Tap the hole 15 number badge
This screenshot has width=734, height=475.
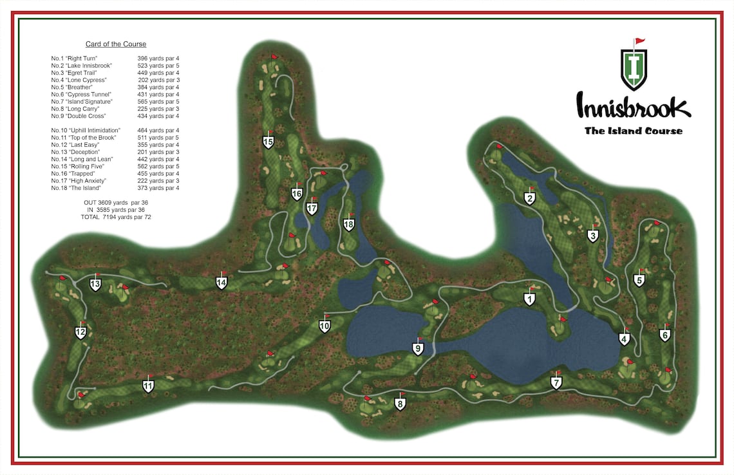[268, 142]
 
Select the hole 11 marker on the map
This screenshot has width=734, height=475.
[148, 387]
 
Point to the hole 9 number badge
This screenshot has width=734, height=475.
[418, 349]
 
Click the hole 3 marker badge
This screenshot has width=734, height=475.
[593, 236]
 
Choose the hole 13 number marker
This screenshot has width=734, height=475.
[95, 284]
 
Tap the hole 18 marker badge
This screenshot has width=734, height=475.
[349, 225]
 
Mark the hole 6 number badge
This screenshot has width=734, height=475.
[665, 335]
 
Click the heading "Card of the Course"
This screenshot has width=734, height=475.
[116, 44]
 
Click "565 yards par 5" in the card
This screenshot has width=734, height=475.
[158, 102]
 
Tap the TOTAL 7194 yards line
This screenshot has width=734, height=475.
[116, 217]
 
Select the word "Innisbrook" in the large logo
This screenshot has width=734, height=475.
[633, 107]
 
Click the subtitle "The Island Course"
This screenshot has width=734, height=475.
[633, 131]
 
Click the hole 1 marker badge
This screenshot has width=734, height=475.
[529, 299]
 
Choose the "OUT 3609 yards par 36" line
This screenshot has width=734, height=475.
[116, 203]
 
